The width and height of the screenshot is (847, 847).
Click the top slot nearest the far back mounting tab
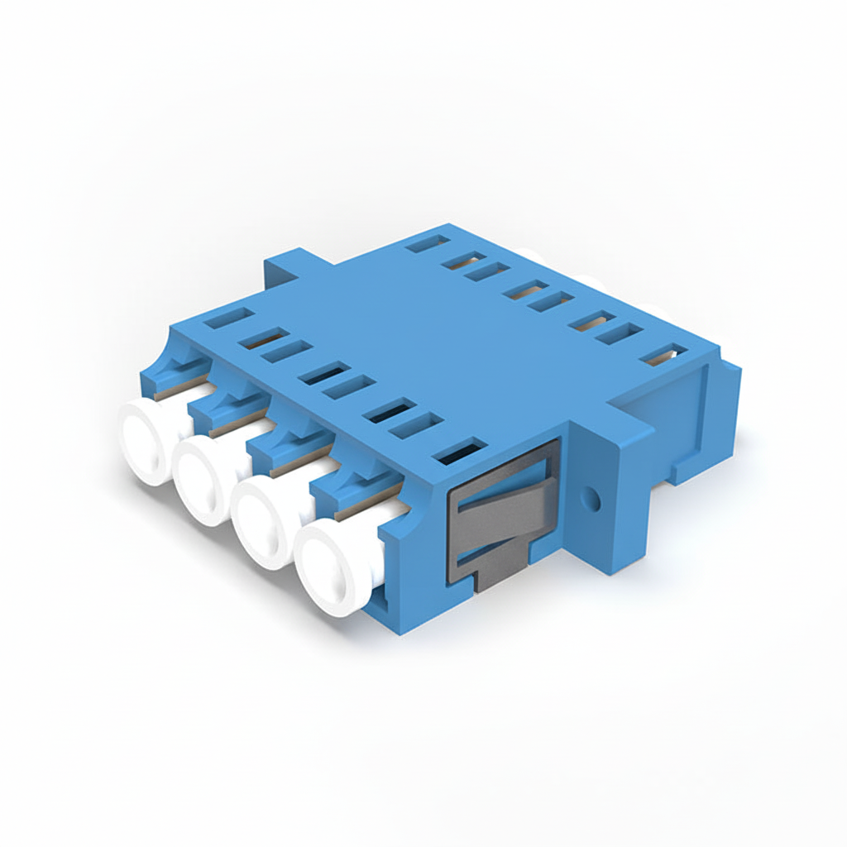428,244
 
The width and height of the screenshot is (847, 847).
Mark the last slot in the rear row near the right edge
666,355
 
